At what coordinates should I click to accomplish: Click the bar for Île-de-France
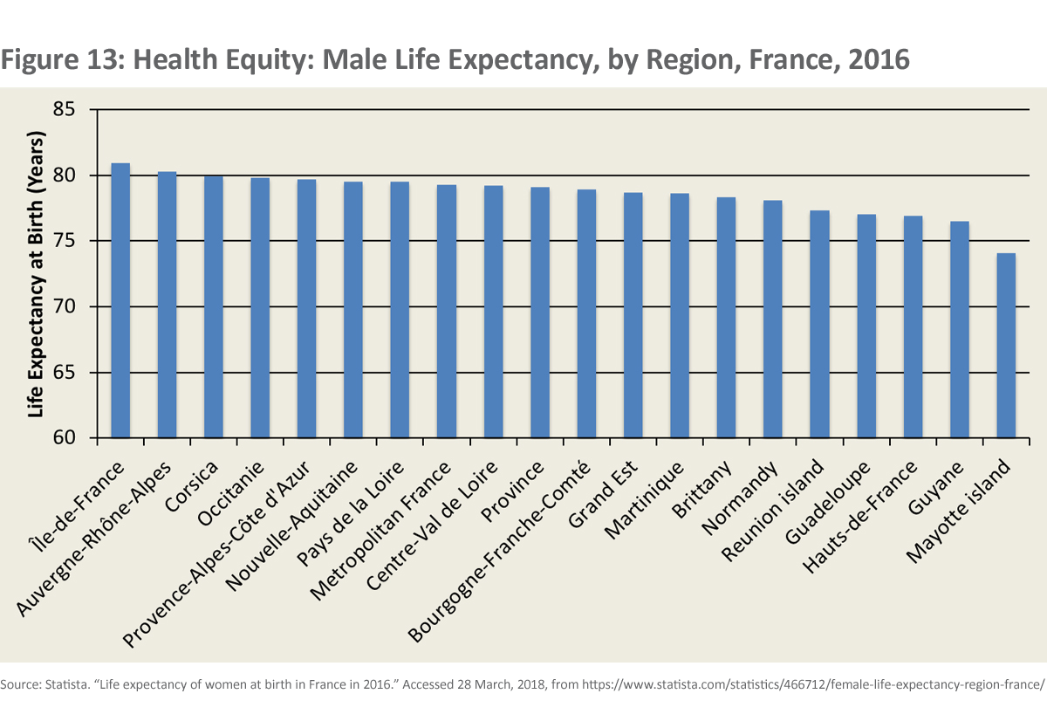pyautogui.click(x=120, y=300)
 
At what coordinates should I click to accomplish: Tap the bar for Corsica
pyautogui.click(x=214, y=306)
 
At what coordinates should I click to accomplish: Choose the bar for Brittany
pyautogui.click(x=726, y=318)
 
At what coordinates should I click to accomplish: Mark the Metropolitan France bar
pyautogui.click(x=447, y=312)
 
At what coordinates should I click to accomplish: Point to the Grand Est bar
pyautogui.click(x=633, y=315)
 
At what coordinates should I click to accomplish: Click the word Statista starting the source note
pyautogui.click(x=53, y=683)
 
